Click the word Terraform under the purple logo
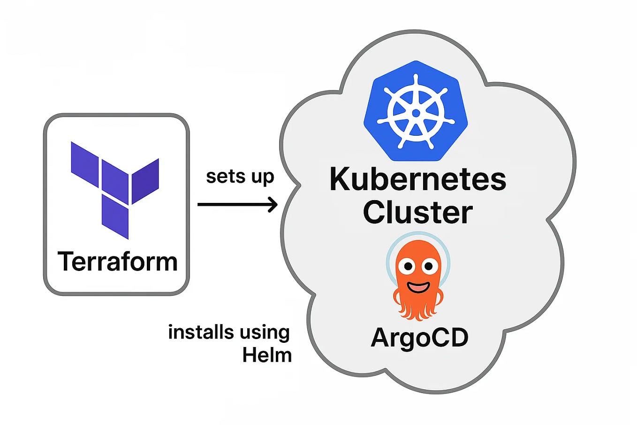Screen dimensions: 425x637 pos(117,262)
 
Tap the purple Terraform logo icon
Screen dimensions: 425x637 pos(115,188)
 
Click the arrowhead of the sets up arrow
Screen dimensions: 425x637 pos(273,204)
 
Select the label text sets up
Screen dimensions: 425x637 pos(240,177)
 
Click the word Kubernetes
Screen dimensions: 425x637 pos(417,179)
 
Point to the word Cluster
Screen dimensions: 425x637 pos(417,212)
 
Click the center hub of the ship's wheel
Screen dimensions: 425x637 pos(416,113)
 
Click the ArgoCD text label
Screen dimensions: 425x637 pos(419,337)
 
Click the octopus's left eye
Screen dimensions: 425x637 pos(408,267)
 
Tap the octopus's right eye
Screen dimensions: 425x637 pos(428,267)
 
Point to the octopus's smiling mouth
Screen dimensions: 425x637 pos(418,286)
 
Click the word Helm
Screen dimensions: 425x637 pos(267,355)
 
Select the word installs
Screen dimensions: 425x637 pos(195,332)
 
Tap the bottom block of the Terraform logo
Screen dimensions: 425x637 pos(115,217)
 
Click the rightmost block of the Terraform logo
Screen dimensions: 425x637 pos(145,181)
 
